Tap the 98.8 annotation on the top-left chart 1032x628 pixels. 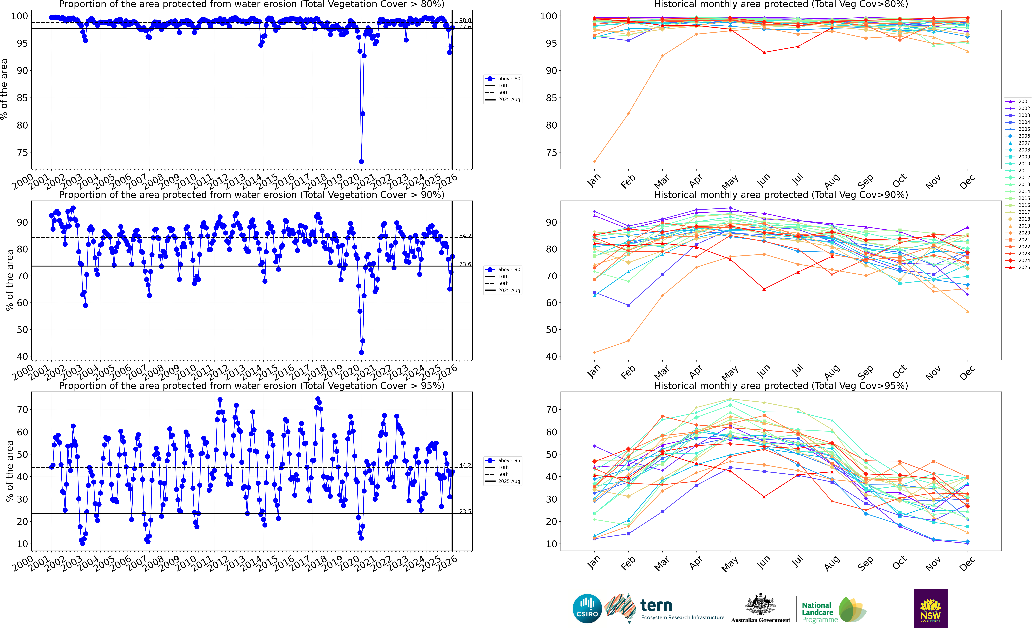tap(465, 20)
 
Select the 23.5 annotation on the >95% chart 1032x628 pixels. tap(465, 511)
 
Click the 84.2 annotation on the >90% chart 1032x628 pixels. tap(465, 236)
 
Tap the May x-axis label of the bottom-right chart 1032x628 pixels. tap(730, 565)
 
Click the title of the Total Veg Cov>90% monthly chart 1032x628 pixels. tap(781, 195)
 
